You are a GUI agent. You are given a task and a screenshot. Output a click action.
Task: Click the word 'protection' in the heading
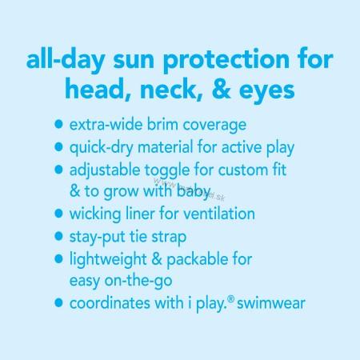pyautogui.click(x=226, y=61)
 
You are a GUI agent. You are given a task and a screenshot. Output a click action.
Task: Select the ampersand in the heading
pyautogui.click(x=222, y=88)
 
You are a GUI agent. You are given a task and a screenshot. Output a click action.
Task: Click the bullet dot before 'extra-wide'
pyautogui.click(x=58, y=124)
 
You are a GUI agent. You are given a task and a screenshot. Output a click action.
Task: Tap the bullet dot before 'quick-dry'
pyautogui.click(x=58, y=147)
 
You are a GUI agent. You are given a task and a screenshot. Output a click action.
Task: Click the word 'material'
pyautogui.click(x=165, y=147)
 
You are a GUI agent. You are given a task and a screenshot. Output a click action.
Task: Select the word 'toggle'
pyautogui.click(x=167, y=171)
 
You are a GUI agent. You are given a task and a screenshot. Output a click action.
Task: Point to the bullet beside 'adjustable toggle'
pyautogui.click(x=58, y=170)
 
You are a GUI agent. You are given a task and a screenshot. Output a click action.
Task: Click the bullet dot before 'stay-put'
pyautogui.click(x=58, y=236)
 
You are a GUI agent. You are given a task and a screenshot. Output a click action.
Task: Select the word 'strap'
pyautogui.click(x=169, y=238)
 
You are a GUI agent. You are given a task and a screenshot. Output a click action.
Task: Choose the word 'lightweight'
pyautogui.click(x=108, y=260)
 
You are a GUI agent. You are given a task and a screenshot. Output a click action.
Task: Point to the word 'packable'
pyautogui.click(x=198, y=260)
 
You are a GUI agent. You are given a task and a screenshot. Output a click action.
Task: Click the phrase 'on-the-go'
pyautogui.click(x=138, y=282)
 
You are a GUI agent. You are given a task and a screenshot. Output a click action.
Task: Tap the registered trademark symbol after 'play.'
pyautogui.click(x=231, y=299)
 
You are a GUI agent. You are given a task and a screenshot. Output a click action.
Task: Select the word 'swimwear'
pyautogui.click(x=271, y=303)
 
